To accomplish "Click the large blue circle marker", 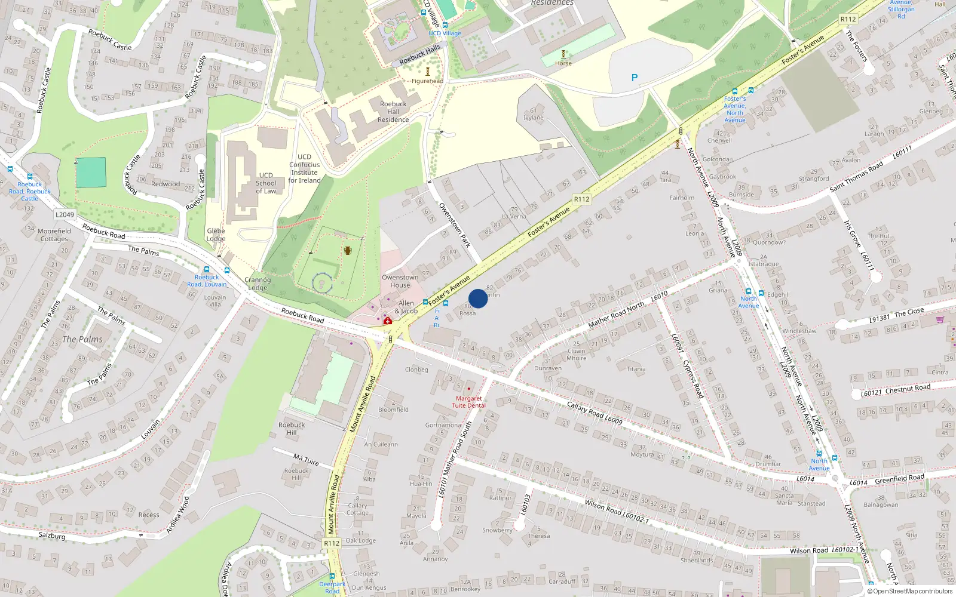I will point(478,298).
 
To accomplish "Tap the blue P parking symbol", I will point(635,78).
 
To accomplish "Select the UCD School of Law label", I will point(266,183).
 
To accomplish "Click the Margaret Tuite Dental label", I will point(469,402).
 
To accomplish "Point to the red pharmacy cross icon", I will point(388,321).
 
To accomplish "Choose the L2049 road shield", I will point(65,215).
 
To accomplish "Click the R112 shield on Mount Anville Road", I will point(332,543).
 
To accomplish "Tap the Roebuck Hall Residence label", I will point(393,112).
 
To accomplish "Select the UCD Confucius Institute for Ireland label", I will point(305,168).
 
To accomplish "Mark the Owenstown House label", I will point(400,281).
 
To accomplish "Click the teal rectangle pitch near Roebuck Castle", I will point(91,172).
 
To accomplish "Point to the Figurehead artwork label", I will point(427,81).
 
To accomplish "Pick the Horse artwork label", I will point(563,63).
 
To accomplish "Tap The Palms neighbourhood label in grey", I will point(82,339).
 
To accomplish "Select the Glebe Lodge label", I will point(216,235).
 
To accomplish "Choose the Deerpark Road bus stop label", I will point(332,587).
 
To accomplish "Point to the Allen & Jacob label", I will point(406,307).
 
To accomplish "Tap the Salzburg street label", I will point(52,536).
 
